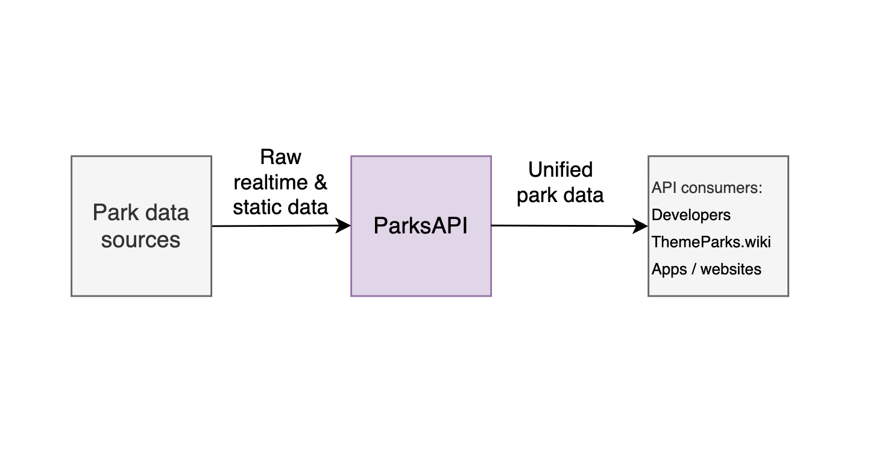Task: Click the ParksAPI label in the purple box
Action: pos(420,226)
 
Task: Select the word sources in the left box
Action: pos(140,240)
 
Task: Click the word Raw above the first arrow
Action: pos(280,157)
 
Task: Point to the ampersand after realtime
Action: pos(321,182)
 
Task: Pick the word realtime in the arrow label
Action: pos(271,183)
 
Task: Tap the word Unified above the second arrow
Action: pos(560,170)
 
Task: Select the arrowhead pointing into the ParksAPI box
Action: pos(343,226)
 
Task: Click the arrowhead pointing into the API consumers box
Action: pos(640,226)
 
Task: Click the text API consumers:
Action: pos(707,188)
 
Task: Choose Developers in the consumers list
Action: pos(691,215)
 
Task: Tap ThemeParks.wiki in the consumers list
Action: pos(711,242)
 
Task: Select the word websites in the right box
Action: pos(731,269)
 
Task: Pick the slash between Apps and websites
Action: pos(694,270)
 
